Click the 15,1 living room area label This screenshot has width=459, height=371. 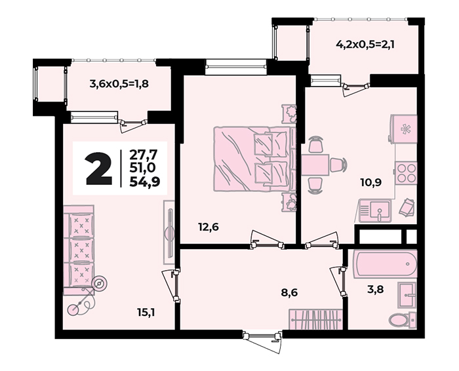[x=146, y=313]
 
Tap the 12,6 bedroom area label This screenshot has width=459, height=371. [x=209, y=227]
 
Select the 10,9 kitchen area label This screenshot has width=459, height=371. [x=371, y=182]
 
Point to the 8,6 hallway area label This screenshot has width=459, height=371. [x=290, y=292]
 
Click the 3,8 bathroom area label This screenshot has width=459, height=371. [x=376, y=289]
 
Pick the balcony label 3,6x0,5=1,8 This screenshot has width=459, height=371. [x=119, y=84]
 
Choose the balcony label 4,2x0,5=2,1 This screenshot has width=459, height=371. [x=366, y=45]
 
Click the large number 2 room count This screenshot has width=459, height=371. [x=99, y=169]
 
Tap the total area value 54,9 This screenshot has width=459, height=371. [x=145, y=182]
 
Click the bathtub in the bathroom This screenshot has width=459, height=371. [x=385, y=264]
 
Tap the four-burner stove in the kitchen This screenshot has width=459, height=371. [x=406, y=172]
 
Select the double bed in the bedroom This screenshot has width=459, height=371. [x=253, y=159]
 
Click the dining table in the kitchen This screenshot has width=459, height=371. [x=315, y=165]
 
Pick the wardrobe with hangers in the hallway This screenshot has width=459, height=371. [x=315, y=320]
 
